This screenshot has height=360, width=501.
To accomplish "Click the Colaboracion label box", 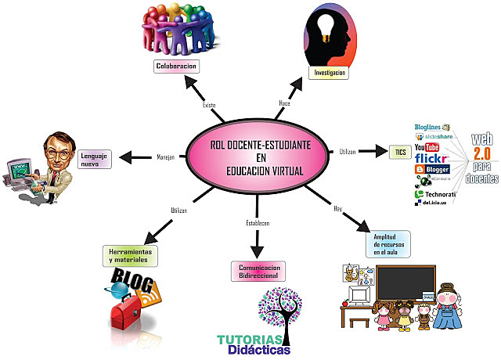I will [176, 67].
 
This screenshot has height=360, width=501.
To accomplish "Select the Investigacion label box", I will [330, 72].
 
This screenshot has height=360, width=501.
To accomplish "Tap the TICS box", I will [399, 151].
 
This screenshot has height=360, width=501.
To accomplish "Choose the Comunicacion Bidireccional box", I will [258, 271].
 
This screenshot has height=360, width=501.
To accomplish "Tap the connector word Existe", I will [209, 104].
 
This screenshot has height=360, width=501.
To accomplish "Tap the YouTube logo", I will [427, 147].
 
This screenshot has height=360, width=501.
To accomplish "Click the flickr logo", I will [431, 158].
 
